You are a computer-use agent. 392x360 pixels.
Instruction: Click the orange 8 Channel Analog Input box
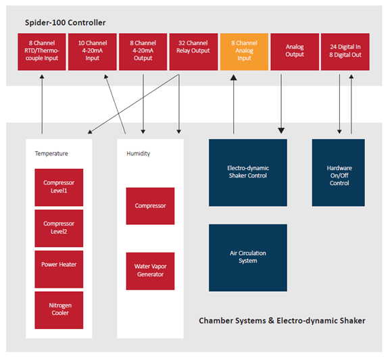tap(244, 52)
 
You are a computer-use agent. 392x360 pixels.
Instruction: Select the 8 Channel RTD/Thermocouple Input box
tap(42, 52)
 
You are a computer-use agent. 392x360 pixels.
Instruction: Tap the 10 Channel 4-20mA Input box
tap(93, 52)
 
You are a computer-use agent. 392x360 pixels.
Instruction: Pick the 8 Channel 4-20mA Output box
tap(143, 52)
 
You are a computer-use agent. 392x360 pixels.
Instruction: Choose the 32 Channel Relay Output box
tap(193, 52)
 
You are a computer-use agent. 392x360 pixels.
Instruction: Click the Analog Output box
tap(295, 52)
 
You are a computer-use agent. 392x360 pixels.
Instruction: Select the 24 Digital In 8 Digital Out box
tap(345, 52)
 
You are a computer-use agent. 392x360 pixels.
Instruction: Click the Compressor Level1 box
tap(59, 187)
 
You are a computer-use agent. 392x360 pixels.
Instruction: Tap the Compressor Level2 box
tap(59, 228)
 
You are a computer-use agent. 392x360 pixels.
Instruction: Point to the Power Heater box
tap(59, 269)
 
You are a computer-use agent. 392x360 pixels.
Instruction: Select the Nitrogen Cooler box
tap(59, 310)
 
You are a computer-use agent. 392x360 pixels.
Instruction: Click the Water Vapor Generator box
tap(150, 271)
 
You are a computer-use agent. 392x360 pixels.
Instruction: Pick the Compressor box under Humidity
tap(150, 206)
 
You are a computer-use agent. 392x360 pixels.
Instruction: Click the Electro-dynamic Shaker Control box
tap(248, 173)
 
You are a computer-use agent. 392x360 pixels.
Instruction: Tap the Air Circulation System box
tap(248, 257)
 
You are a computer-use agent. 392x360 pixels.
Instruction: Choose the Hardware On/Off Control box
tap(338, 173)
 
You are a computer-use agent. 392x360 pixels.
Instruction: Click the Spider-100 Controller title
tap(66, 22)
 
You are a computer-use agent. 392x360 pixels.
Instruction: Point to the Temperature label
tap(51, 153)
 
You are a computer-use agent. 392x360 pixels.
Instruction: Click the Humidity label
tap(139, 153)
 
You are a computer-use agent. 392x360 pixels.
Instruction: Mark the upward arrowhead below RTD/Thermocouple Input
tap(42, 76)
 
